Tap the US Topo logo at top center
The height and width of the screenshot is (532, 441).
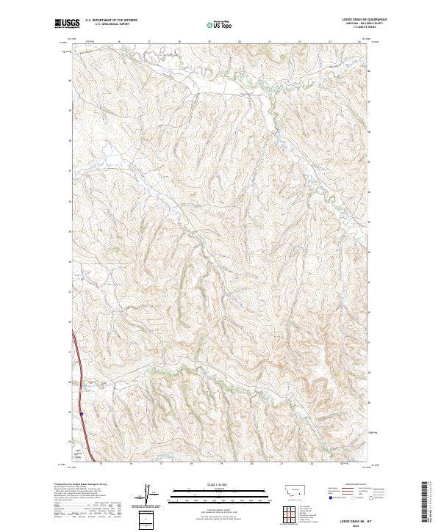pos(220,25)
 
